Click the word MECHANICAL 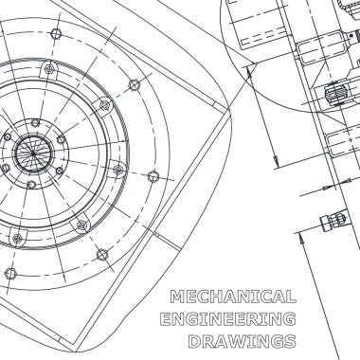(233, 297)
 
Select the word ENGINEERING (228, 319)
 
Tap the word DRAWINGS (243, 341)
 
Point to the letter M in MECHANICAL (177, 297)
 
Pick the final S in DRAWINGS (290, 341)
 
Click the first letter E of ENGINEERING (166, 319)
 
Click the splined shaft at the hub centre (33, 153)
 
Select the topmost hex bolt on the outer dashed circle (56, 33)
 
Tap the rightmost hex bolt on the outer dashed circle (153, 176)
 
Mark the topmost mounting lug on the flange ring (48, 69)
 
